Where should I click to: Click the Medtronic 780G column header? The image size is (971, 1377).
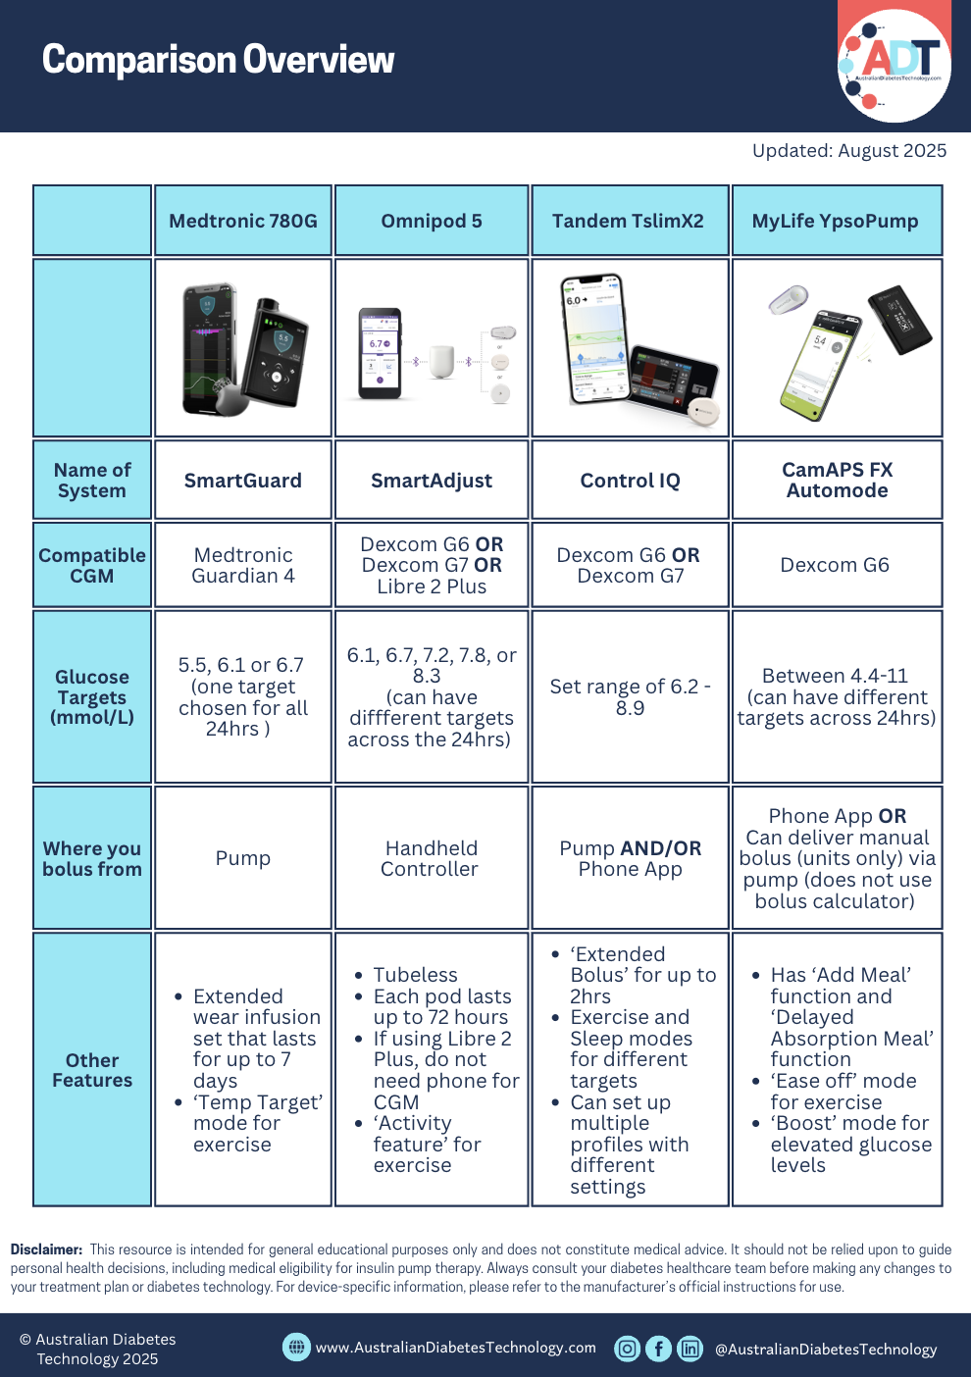pyautogui.click(x=243, y=221)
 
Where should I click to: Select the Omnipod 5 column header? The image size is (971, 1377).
pyautogui.click(x=432, y=221)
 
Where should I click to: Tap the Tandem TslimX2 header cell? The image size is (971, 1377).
pyautogui.click(x=628, y=221)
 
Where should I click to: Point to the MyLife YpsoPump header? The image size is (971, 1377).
pyautogui.click(x=836, y=221)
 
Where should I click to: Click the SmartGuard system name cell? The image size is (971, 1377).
pyautogui.click(x=243, y=481)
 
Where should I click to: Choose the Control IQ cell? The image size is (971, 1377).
pyautogui.click(x=630, y=481)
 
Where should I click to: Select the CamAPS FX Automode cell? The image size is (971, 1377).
pyautogui.click(x=837, y=481)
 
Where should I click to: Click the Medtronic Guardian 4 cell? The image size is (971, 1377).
pyautogui.click(x=243, y=566)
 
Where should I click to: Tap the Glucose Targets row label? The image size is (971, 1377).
pyautogui.click(x=92, y=696)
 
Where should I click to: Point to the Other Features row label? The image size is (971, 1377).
pyautogui.click(x=92, y=1070)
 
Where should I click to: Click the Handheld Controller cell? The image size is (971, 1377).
pyautogui.click(x=432, y=858)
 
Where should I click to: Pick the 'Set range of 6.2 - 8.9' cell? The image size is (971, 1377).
pyautogui.click(x=630, y=697)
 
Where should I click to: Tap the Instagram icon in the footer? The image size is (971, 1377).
pyautogui.click(x=627, y=1349)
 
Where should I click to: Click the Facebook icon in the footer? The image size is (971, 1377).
pyautogui.click(x=659, y=1349)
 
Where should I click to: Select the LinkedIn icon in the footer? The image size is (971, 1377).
pyautogui.click(x=690, y=1349)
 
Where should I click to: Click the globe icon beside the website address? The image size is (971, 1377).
pyautogui.click(x=296, y=1348)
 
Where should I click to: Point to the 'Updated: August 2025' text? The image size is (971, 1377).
pyautogui.click(x=849, y=151)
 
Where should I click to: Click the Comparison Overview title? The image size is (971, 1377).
pyautogui.click(x=218, y=60)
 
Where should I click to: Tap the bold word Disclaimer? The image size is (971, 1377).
pyautogui.click(x=46, y=1249)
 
